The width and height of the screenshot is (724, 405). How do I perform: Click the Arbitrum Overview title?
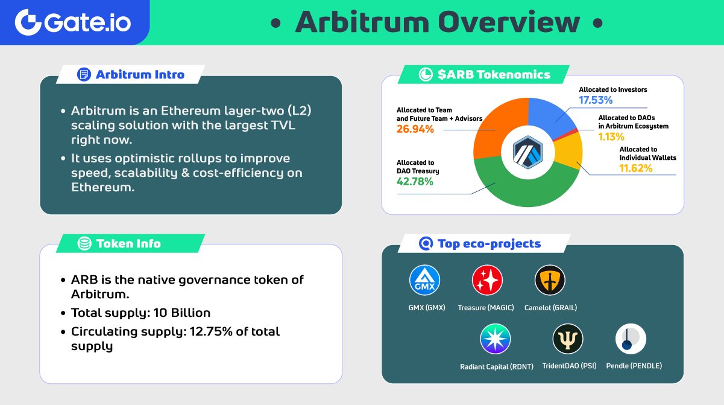pyautogui.click(x=437, y=23)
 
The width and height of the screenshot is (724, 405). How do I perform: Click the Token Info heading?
pyautogui.click(x=128, y=244)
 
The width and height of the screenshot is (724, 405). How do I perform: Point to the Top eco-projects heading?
pyautogui.click(x=488, y=244)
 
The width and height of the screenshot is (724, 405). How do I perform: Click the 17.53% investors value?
pyautogui.click(x=596, y=100)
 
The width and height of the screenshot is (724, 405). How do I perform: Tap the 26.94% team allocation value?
pyautogui.click(x=415, y=129)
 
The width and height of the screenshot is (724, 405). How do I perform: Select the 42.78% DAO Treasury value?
pyautogui.click(x=415, y=181)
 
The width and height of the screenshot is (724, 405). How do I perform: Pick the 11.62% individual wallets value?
pyautogui.click(x=636, y=168)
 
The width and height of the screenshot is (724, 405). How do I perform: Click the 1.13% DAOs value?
pyautogui.click(x=611, y=137)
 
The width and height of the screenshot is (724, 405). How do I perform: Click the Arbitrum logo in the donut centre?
pyautogui.click(x=528, y=152)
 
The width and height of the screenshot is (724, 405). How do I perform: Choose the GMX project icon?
pyautogui.click(x=425, y=281)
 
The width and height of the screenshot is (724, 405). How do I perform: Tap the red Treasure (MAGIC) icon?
pyautogui.click(x=487, y=281)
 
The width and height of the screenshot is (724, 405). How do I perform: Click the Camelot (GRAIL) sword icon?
pyautogui.click(x=550, y=281)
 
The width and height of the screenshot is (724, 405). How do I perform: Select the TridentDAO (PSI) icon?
pyautogui.click(x=568, y=339)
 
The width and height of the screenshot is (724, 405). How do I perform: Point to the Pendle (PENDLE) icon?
pyautogui.click(x=631, y=339)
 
